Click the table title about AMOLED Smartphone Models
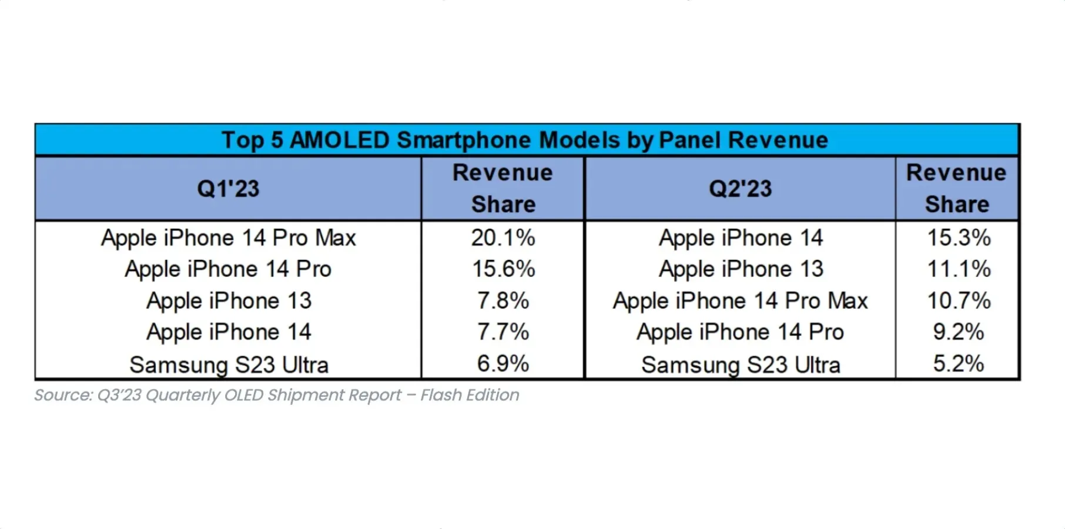pos(524,140)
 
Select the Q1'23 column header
pos(228,189)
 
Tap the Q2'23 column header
pos(740,189)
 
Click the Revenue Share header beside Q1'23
pos(503,188)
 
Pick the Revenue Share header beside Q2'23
pos(956,188)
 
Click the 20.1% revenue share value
pos(503,238)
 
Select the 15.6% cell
pos(503,269)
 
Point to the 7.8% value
pos(503,301)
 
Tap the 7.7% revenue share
pos(503,332)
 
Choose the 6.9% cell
pos(503,364)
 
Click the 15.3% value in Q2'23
pos(959,238)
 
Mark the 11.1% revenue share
pos(959,269)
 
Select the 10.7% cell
pos(959,301)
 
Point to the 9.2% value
pos(958,332)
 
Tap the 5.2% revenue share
pos(958,364)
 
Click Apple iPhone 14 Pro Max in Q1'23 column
pos(228,238)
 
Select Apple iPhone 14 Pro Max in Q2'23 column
pos(740,301)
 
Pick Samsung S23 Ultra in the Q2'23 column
pos(740,365)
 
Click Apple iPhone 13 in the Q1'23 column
pos(229,301)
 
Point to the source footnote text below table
pos(276,395)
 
